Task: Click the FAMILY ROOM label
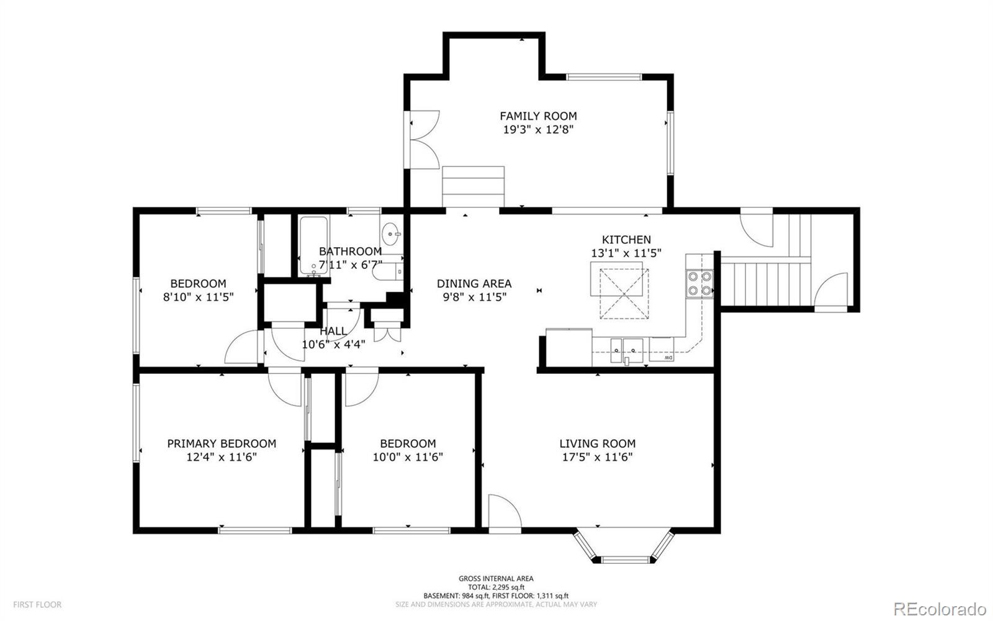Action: pyautogui.click(x=538, y=116)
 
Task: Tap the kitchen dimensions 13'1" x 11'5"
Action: pyautogui.click(x=626, y=253)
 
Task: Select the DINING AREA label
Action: pyautogui.click(x=474, y=283)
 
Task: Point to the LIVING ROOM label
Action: pyautogui.click(x=597, y=443)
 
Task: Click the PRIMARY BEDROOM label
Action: pyautogui.click(x=222, y=443)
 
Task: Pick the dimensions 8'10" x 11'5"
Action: pyautogui.click(x=198, y=297)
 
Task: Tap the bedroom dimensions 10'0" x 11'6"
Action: pyautogui.click(x=408, y=457)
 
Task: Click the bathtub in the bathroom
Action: pyautogui.click(x=313, y=245)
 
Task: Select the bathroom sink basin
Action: pyautogui.click(x=392, y=232)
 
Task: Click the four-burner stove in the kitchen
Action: pyautogui.click(x=699, y=283)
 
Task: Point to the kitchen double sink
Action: pyautogui.click(x=626, y=350)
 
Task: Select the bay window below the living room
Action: pyautogui.click(x=624, y=546)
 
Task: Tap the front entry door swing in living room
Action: pyautogui.click(x=505, y=512)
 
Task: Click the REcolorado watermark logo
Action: pyautogui.click(x=940, y=608)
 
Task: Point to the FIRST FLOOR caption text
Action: pyautogui.click(x=37, y=605)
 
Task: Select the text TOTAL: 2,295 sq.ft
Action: pyautogui.click(x=496, y=587)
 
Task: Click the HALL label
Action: pyautogui.click(x=333, y=331)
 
